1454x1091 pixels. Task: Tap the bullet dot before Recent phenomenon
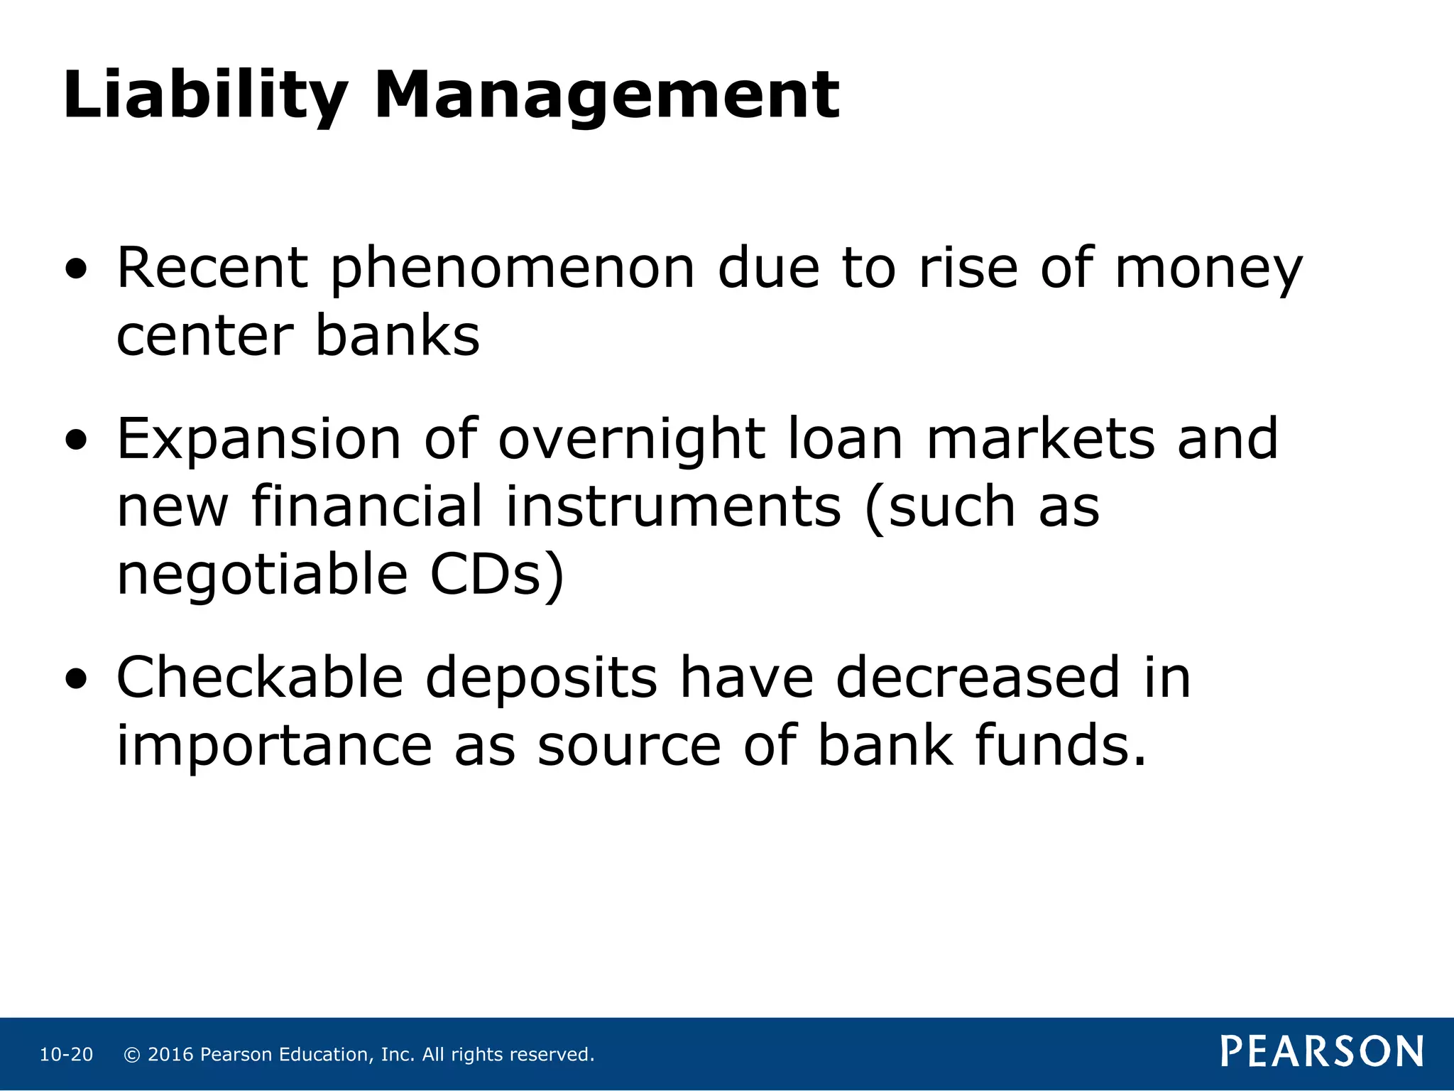[x=76, y=271]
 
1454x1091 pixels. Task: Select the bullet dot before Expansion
[x=76, y=441]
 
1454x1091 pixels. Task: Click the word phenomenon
[x=513, y=271]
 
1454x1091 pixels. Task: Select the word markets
[x=1040, y=440]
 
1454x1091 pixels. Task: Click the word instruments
[x=673, y=507]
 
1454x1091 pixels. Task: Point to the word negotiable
[x=262, y=575]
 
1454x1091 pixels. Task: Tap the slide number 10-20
[x=66, y=1055]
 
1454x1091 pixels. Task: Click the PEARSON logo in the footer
[x=1322, y=1051]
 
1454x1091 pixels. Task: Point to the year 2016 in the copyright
[x=170, y=1055]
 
